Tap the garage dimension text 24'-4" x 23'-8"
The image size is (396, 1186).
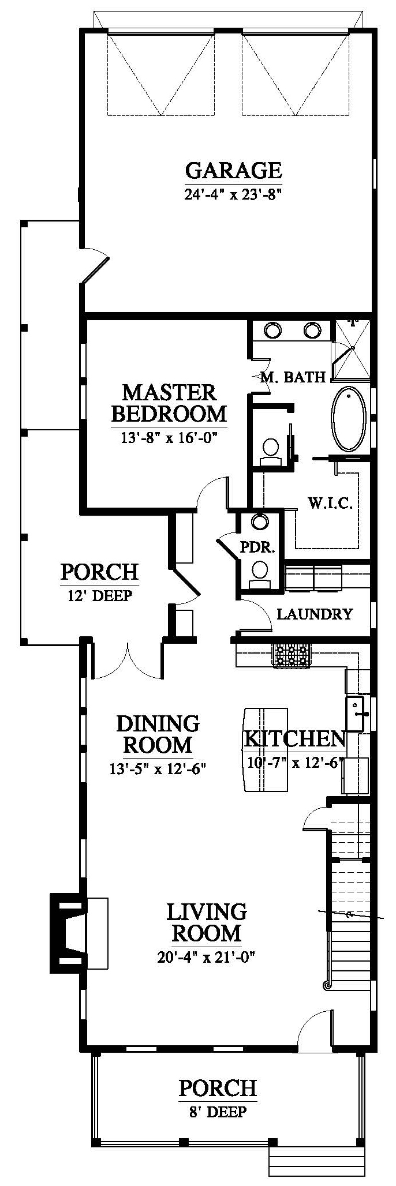pos(233,194)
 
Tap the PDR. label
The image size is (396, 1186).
pos(257,547)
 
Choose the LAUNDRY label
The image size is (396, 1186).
pos(315,614)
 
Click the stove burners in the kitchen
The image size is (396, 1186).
pos(292,655)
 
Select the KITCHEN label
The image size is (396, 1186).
pos(294,738)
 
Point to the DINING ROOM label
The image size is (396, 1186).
pos(158,734)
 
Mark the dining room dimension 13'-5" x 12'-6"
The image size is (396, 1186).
pos(158,769)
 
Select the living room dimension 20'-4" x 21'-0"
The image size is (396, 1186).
pos(206,958)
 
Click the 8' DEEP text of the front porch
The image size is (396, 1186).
pos(217,1112)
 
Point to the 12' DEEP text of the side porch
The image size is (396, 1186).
pos(100,595)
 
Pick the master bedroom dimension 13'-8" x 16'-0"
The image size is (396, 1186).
pos(170,438)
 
